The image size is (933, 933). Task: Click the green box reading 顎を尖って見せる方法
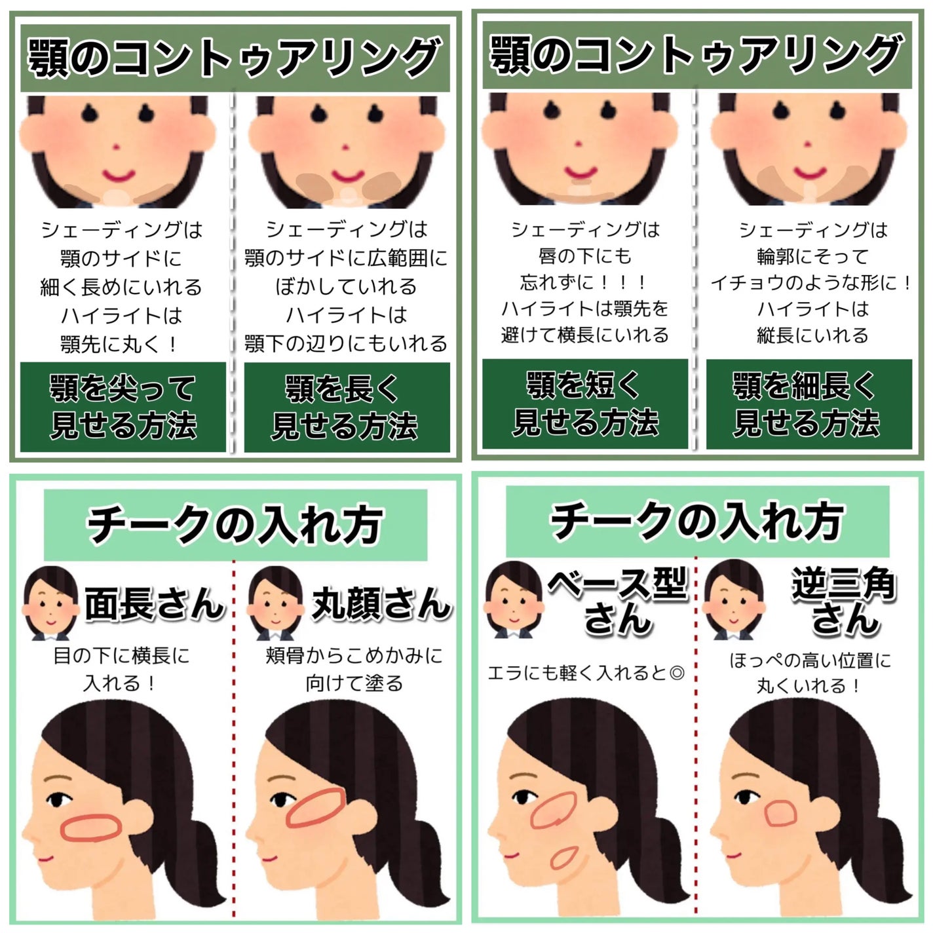coord(123,406)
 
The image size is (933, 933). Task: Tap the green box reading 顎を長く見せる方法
coord(347,406)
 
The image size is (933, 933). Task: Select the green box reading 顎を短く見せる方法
coord(585,404)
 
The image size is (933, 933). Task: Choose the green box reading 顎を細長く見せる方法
coord(809,404)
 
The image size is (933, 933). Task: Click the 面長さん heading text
coord(155,603)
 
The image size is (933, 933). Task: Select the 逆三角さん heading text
coord(844,601)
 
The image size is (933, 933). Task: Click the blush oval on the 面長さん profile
coord(91,827)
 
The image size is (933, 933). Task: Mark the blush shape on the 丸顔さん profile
coord(315,809)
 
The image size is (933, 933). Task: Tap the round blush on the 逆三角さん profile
coord(781,814)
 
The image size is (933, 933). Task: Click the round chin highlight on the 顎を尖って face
coord(118,196)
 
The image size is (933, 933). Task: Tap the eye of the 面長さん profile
coord(60,800)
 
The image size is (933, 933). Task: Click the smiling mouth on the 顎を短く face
coord(581,172)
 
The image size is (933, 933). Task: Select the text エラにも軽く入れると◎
coord(586,673)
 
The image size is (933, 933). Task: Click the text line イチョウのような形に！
coord(811,283)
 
